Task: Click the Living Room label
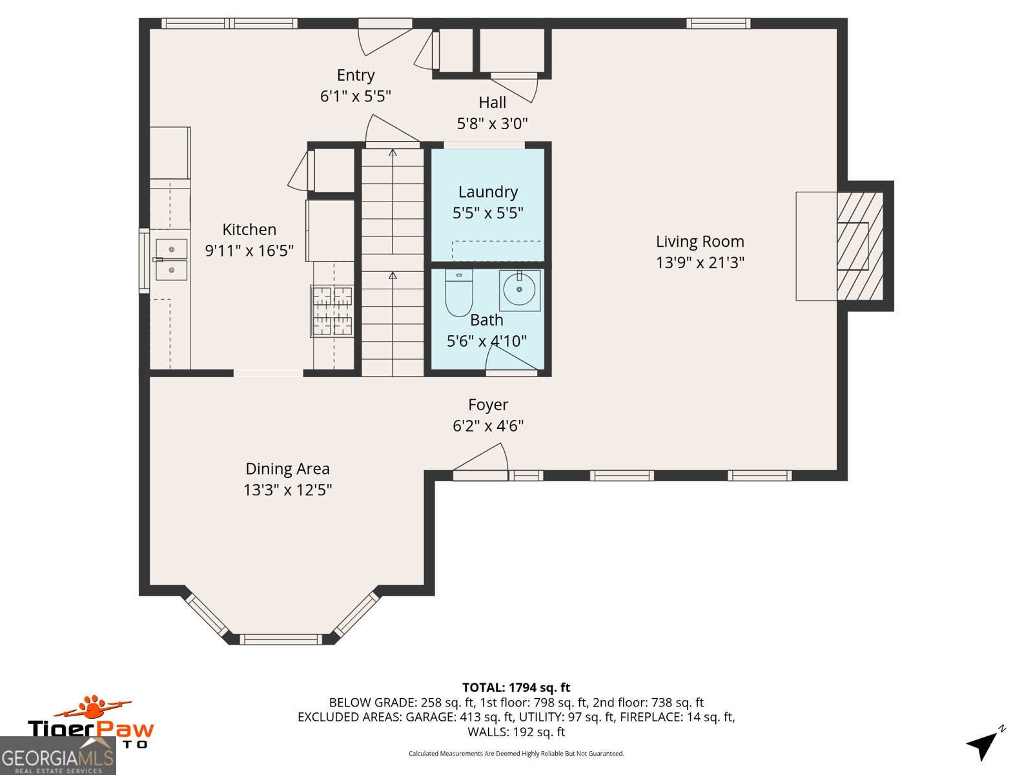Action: click(700, 242)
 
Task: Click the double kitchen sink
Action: click(171, 260)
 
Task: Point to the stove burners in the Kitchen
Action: click(332, 311)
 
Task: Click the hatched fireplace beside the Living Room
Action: click(859, 246)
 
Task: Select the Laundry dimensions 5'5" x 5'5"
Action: click(488, 213)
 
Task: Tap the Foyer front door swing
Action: click(483, 460)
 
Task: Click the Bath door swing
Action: click(510, 358)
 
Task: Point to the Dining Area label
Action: click(287, 469)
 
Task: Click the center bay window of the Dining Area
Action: click(280, 639)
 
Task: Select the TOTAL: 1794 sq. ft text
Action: click(516, 688)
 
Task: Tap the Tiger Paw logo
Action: click(90, 722)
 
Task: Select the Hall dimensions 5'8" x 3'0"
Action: click(492, 124)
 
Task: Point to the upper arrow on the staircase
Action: click(393, 153)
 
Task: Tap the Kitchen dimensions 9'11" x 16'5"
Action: click(249, 251)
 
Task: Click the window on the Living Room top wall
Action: click(718, 24)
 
